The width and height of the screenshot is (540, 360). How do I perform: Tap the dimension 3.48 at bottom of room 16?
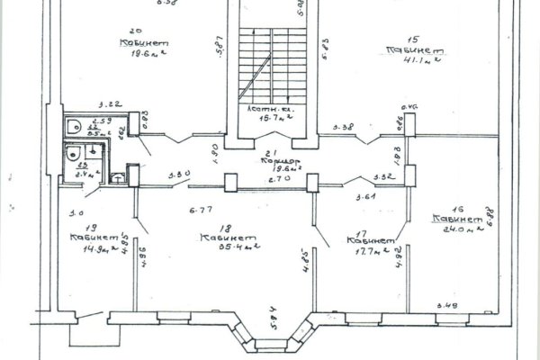click(x=446, y=306)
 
